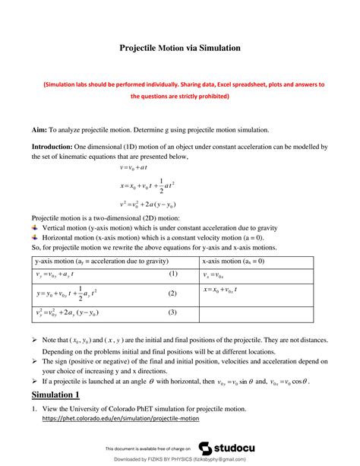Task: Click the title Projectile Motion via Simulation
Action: pos(180,48)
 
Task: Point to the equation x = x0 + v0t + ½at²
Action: pos(147,185)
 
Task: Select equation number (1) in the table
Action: pos(172,274)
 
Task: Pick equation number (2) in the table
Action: pos(172,293)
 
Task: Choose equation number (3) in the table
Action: pos(172,312)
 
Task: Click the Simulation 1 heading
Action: pos(55,395)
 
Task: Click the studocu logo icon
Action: pos(206,448)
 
